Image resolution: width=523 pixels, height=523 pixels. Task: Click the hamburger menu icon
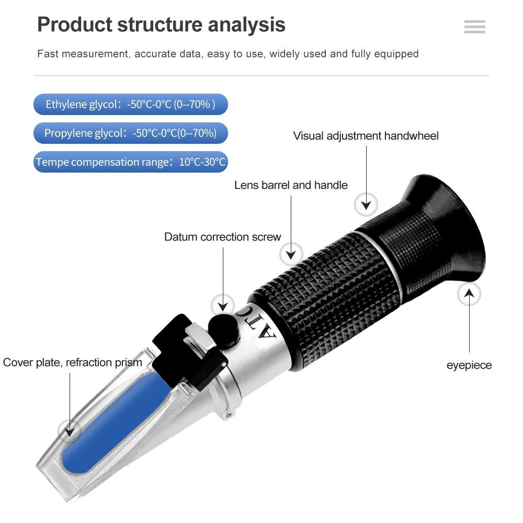pyautogui.click(x=474, y=27)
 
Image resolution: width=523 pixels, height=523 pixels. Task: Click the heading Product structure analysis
pyautogui.click(x=161, y=25)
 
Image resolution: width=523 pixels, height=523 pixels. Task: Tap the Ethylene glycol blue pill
pyautogui.click(x=131, y=105)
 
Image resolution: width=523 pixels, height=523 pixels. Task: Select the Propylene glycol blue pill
pyautogui.click(x=131, y=133)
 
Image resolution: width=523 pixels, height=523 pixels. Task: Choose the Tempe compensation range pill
pyautogui.click(x=131, y=162)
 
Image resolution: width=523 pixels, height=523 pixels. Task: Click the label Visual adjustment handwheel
pyautogui.click(x=366, y=136)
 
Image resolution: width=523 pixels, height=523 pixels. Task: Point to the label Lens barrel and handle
pyautogui.click(x=291, y=185)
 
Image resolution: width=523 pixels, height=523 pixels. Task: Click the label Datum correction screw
pyautogui.click(x=222, y=237)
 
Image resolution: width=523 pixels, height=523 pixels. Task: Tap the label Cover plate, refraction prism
pyautogui.click(x=72, y=362)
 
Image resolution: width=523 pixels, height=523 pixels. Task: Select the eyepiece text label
pyautogui.click(x=469, y=365)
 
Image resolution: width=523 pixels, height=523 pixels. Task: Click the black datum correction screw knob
pyautogui.click(x=224, y=327)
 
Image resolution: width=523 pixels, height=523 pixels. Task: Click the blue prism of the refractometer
pyautogui.click(x=105, y=418)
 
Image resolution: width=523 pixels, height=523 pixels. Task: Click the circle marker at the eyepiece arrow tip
pyautogui.click(x=469, y=294)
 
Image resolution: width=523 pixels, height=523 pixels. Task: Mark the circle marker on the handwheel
pyautogui.click(x=366, y=204)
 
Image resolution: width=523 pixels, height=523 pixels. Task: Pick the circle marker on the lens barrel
pyautogui.click(x=291, y=254)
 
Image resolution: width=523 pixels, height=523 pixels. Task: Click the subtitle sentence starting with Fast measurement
pyautogui.click(x=228, y=54)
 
